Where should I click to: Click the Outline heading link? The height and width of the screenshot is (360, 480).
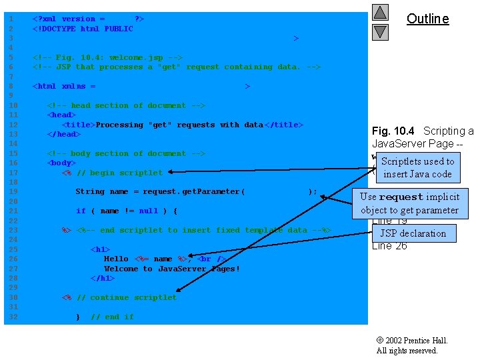427,19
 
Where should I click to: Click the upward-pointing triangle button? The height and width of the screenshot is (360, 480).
380,12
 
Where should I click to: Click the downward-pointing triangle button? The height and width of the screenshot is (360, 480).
380,31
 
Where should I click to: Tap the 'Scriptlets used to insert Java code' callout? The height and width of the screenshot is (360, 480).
417,167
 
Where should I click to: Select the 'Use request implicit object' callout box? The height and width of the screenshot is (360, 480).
409,203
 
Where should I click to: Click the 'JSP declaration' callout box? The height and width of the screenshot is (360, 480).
413,233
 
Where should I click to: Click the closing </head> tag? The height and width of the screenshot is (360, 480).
63,134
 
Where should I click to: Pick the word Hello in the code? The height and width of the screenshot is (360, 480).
116,259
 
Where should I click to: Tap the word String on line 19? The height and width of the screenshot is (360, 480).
89,192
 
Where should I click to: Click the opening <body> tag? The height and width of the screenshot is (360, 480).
61,163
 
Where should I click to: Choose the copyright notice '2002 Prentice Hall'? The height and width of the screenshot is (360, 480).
412,341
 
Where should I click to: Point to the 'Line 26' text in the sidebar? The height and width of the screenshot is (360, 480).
389,245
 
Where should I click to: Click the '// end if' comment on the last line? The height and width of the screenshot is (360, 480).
112,317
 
